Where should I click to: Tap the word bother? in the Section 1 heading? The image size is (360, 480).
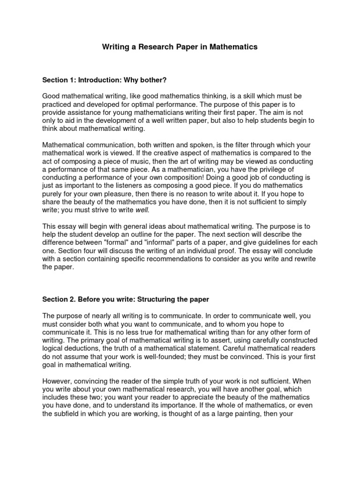[153, 80]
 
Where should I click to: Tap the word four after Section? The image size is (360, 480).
[94, 251]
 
